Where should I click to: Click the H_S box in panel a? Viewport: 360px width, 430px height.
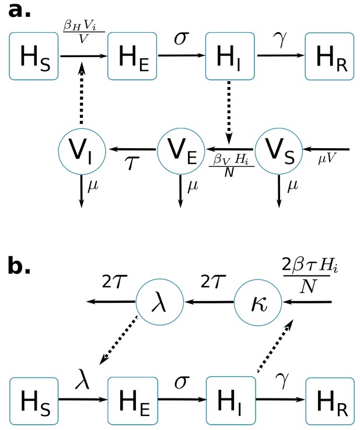34,56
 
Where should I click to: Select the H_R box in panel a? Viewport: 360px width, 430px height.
330,56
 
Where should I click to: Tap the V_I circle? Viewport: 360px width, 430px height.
82,151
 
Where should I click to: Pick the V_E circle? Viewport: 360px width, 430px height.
181,151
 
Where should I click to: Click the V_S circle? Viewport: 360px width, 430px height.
279,151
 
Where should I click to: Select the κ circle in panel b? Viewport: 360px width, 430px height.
258,302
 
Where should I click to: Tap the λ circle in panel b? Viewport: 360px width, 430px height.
159,302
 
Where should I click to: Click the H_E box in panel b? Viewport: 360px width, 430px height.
132,400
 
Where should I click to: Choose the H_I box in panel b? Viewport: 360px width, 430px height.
231,400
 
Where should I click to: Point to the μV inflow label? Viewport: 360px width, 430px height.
327,158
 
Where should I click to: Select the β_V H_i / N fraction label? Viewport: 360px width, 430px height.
232,165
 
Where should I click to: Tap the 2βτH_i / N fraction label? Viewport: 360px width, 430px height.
310,275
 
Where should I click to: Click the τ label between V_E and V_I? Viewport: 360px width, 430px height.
132,163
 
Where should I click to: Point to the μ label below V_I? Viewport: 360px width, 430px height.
93,186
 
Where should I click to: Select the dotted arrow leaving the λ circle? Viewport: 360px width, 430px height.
118,340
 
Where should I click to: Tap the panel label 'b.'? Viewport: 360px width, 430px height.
19,265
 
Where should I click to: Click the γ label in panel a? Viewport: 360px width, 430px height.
282,39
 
